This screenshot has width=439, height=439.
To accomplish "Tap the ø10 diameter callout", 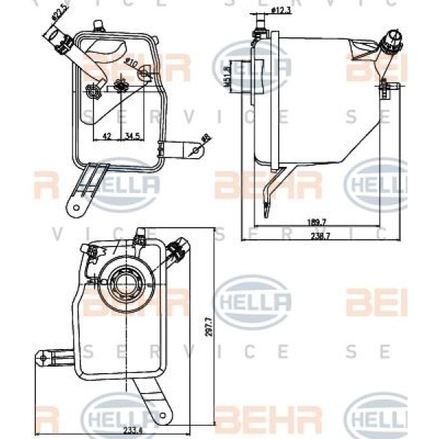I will (x=132, y=64).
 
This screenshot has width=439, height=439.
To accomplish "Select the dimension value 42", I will (x=106, y=136).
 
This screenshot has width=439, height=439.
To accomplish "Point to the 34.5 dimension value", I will (x=132, y=136).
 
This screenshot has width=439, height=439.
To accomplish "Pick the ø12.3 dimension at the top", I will (x=282, y=10).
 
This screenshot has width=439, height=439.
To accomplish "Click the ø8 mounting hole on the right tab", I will (x=195, y=149).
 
